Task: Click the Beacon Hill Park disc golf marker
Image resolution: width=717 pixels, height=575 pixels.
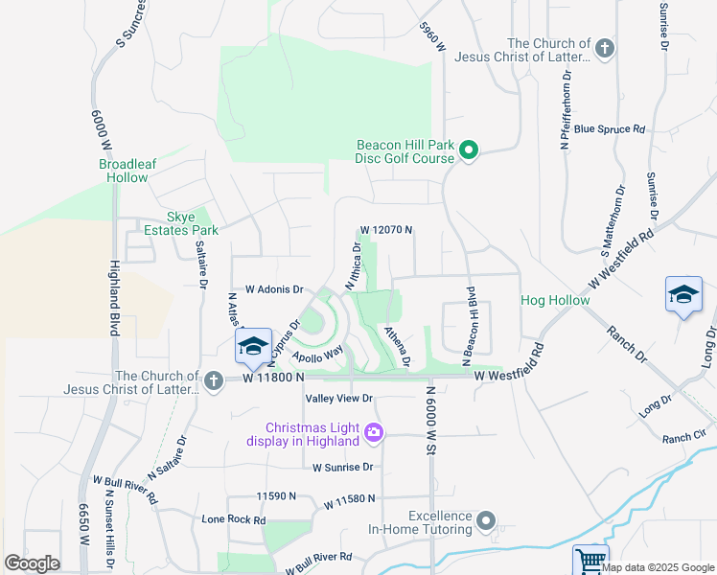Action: coord(469,150)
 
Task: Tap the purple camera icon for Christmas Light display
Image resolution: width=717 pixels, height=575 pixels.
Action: coord(374,434)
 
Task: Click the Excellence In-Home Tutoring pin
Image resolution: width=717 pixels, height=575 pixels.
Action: coord(487,521)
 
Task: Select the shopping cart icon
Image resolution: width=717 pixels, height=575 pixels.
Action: coord(590,560)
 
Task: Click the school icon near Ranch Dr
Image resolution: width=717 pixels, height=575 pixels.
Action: coord(683,294)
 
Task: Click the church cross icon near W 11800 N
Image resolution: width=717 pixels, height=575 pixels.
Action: coord(214,382)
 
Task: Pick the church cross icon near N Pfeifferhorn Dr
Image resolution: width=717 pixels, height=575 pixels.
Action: coord(604,49)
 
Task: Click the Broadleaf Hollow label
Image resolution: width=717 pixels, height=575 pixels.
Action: coord(127,171)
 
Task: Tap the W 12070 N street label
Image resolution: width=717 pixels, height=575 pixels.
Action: coord(386,230)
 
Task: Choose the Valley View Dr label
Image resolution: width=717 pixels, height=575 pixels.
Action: coord(338,398)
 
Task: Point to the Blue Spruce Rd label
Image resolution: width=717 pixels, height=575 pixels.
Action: coord(610,128)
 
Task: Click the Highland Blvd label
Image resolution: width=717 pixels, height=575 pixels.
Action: coord(113,298)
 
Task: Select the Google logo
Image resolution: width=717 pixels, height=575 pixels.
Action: coord(32,563)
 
